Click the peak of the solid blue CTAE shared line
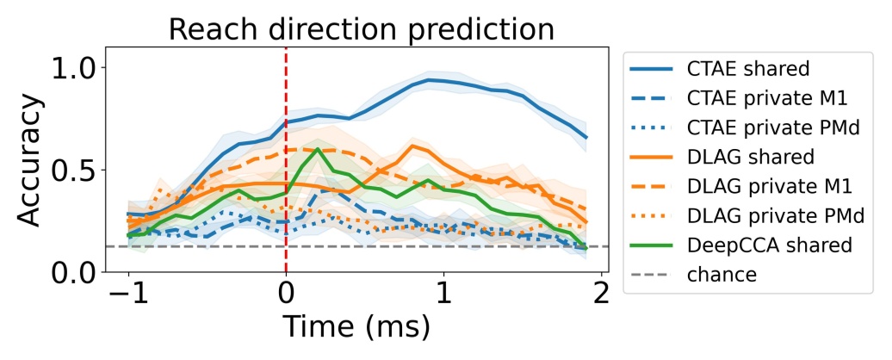coord(428,80)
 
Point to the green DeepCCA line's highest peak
coord(318,149)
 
